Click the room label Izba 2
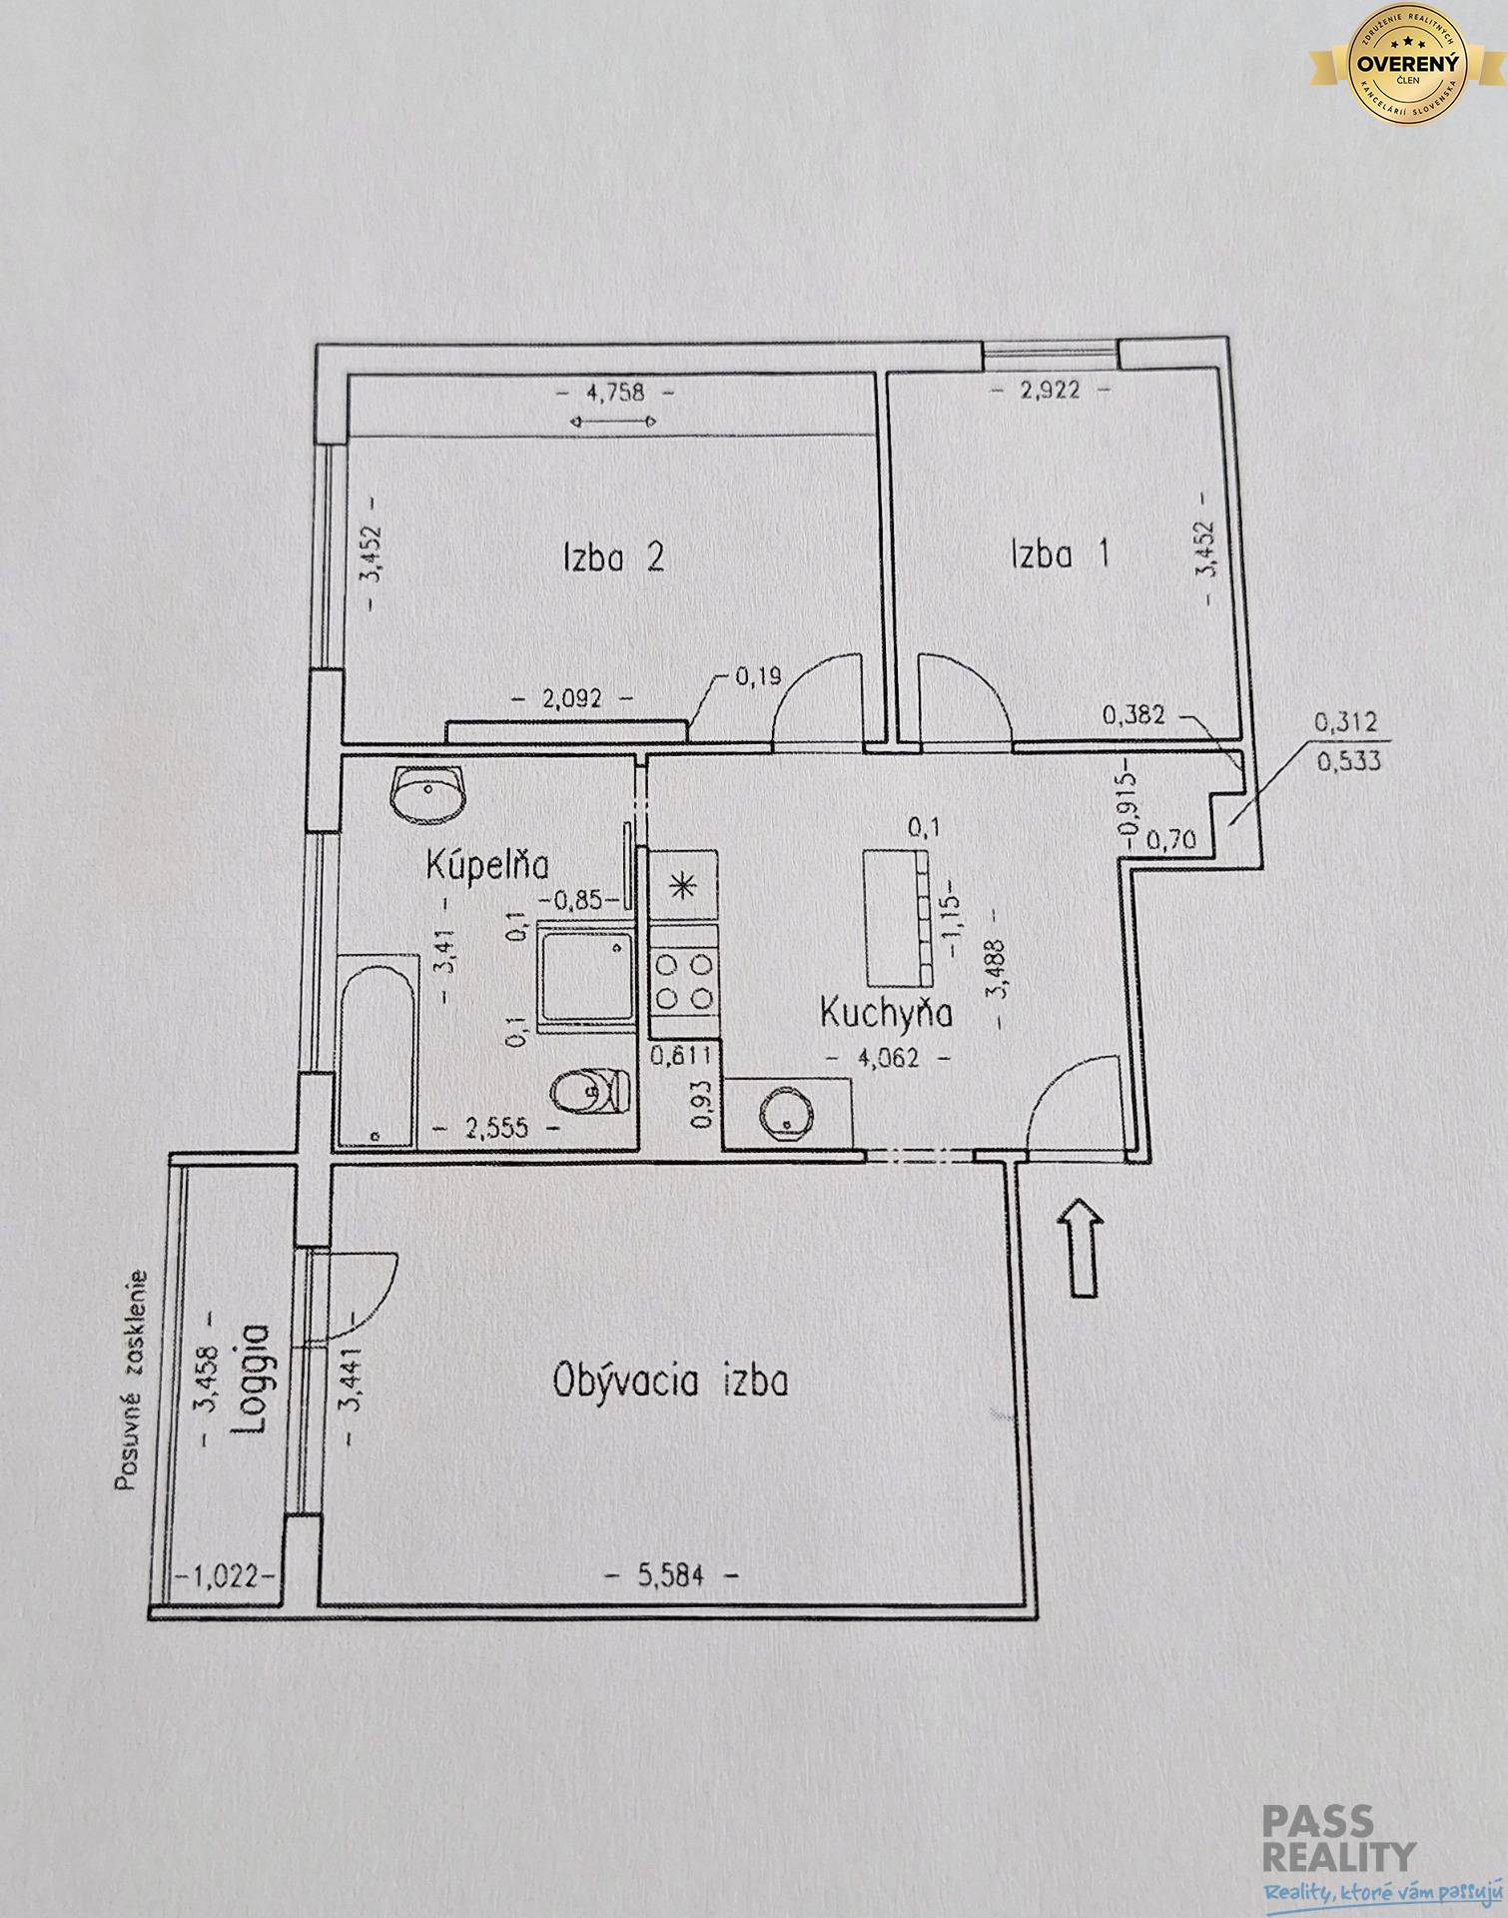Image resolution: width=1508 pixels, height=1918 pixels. [x=613, y=556]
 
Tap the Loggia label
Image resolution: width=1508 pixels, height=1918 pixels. [x=250, y=1378]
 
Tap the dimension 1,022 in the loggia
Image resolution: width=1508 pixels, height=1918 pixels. [x=225, y=1576]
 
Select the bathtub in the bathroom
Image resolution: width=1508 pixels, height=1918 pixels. [x=376, y=1052]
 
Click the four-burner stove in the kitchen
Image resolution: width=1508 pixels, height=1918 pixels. [x=684, y=981]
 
